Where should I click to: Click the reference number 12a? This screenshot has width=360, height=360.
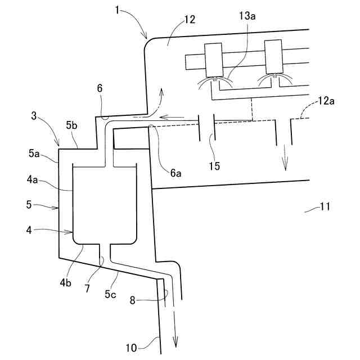(326, 101)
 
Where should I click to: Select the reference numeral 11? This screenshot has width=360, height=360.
(325, 207)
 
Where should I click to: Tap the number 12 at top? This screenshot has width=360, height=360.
(189, 20)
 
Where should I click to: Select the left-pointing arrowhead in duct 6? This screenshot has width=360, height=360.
(162, 117)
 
